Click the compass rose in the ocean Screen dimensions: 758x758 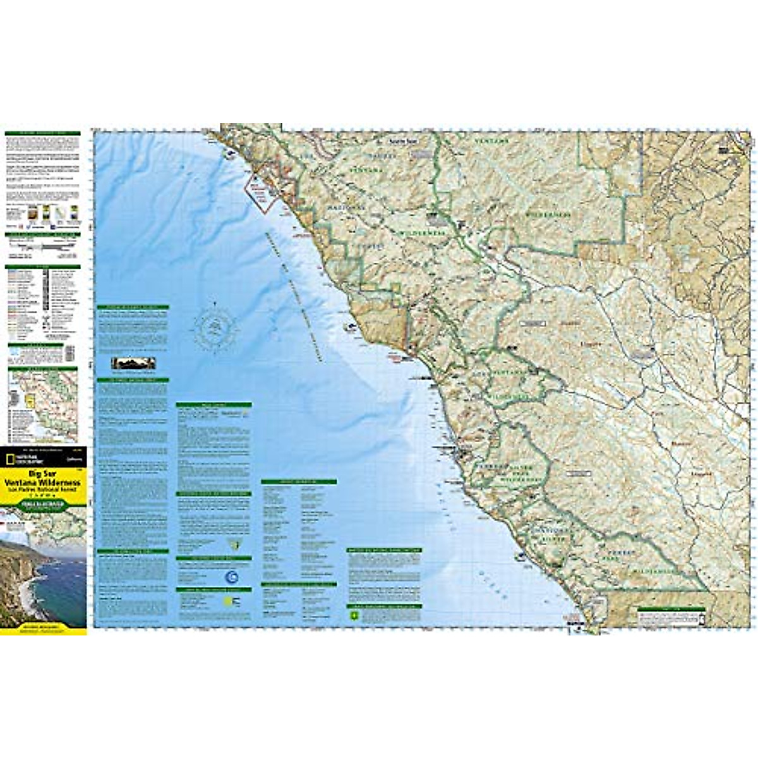tap(215, 327)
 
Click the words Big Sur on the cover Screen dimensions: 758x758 tap(42, 472)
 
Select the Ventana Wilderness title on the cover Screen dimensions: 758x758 tap(42, 481)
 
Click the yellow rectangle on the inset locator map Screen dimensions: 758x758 tap(28, 400)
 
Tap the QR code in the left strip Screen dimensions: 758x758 tap(69, 352)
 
